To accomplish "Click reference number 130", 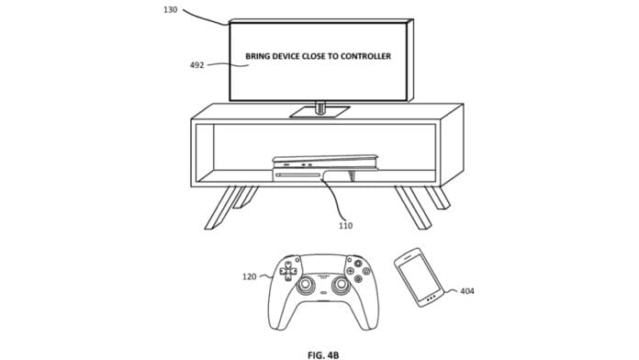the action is point(171,9).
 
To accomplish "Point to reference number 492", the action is point(196,65).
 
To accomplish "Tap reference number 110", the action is point(345,225).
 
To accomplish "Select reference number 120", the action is point(250,276).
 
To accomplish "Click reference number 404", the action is point(467,291).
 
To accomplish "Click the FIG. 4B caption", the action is point(323,355).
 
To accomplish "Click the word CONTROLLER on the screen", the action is point(365,56).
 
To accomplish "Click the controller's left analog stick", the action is point(306,285).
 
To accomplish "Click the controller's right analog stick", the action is point(342,285).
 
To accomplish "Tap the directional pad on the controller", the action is point(287,271).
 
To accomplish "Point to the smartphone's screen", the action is point(419,276).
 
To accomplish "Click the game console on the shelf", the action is point(325,167).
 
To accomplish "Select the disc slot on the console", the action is point(297,174).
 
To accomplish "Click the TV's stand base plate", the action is point(319,112).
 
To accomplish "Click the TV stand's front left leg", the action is point(220,208).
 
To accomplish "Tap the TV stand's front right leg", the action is point(412,208).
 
